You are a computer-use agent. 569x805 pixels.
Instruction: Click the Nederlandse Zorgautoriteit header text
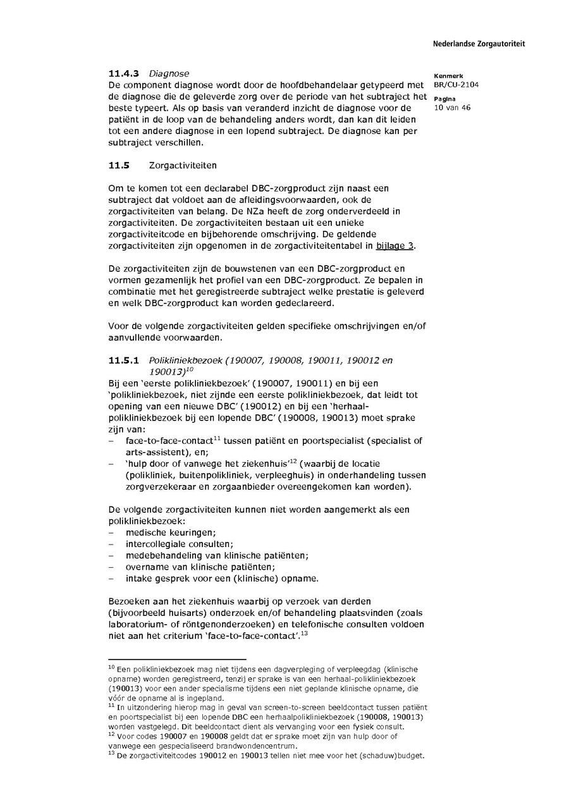pos(479,44)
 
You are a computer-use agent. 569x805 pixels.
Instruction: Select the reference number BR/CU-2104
pos(451,85)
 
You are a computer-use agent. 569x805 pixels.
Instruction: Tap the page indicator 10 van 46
pos(452,108)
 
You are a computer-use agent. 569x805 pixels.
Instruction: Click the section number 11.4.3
pos(123,74)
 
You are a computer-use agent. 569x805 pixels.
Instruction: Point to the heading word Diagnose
pos(169,74)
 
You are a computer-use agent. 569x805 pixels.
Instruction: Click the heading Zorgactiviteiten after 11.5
pos(183,166)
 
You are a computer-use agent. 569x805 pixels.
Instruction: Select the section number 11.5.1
pos(123,360)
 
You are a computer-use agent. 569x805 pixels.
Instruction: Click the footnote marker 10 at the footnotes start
pos(111,667)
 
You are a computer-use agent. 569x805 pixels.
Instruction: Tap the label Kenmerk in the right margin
pos(448,76)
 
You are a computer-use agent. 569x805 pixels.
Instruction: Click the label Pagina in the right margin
pos(444,99)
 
